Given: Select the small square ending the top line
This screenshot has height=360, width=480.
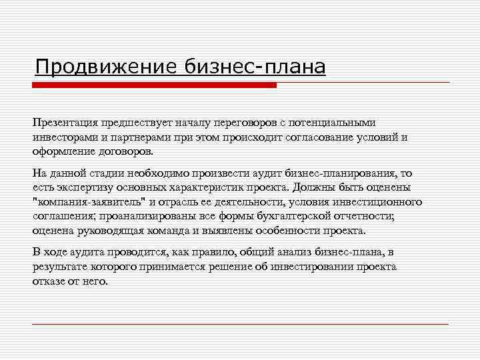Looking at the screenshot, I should (x=451, y=83).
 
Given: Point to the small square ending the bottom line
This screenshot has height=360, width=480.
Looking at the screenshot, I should (x=451, y=324).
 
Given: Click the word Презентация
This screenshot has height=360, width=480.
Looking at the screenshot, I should (x=63, y=123).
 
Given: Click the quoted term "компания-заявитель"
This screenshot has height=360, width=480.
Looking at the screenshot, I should (x=89, y=202).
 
